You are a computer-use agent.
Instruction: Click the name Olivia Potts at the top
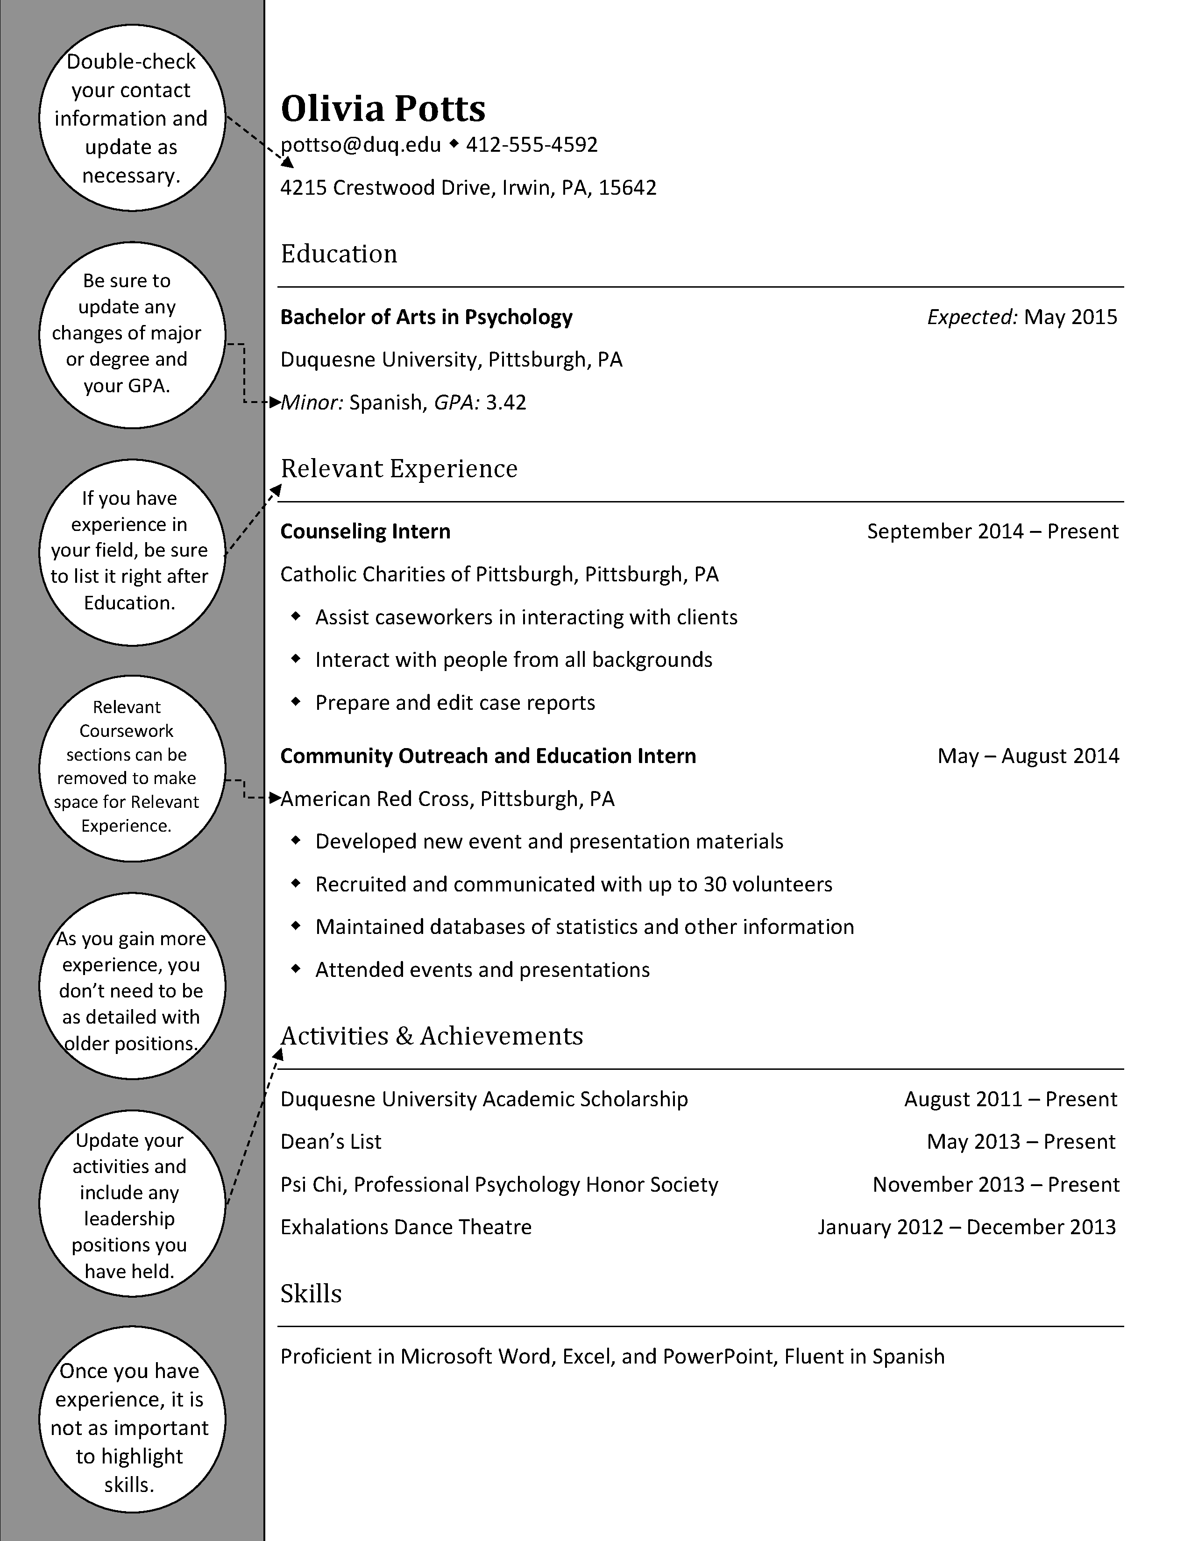383,109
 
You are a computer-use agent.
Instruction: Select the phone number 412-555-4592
532,145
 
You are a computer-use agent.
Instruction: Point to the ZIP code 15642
627,188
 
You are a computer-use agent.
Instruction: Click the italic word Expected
971,317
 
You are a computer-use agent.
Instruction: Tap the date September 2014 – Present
992,531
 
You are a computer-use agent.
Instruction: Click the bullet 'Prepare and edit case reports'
454,703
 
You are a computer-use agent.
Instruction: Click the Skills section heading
311,1294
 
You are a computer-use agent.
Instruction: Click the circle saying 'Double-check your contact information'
131,118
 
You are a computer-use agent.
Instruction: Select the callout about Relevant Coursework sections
131,768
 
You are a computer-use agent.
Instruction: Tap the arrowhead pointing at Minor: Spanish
275,402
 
